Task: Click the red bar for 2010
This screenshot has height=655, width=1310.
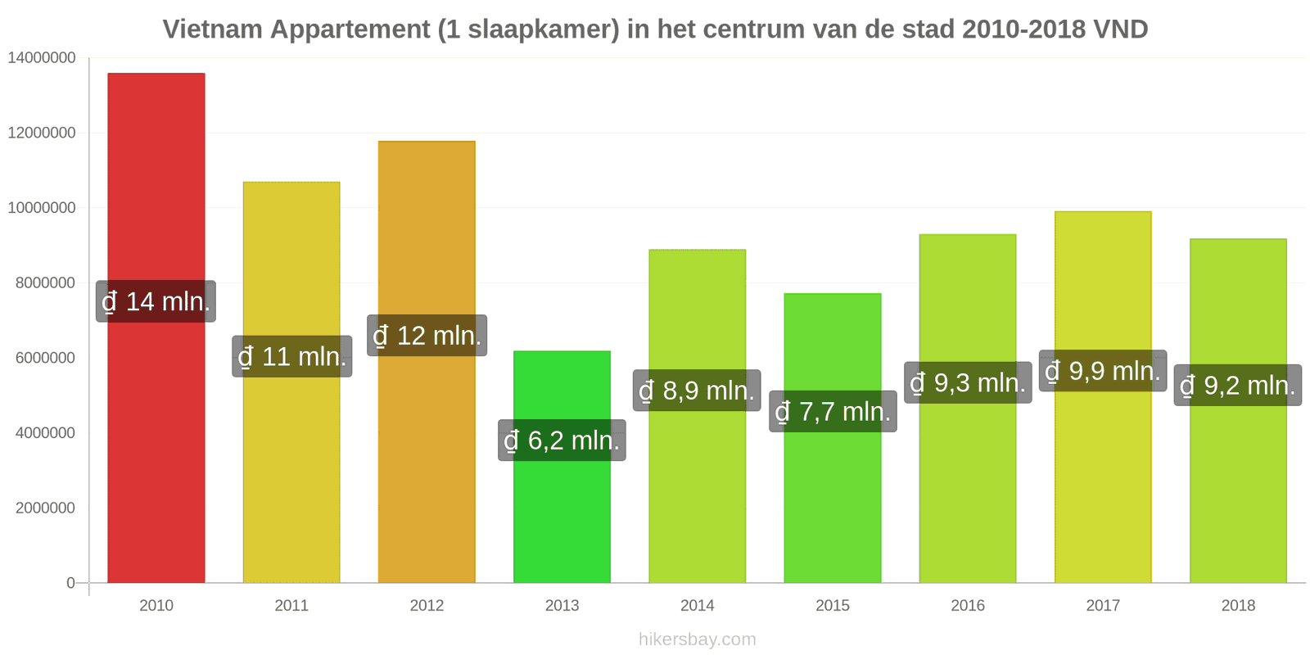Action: [x=156, y=327]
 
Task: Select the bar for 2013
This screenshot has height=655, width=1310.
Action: [x=562, y=467]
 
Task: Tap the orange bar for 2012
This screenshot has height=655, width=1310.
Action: [x=427, y=362]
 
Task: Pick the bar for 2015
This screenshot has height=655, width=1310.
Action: [x=833, y=438]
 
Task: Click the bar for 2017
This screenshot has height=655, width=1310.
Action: [x=1103, y=397]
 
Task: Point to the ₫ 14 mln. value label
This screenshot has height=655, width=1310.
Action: [x=156, y=301]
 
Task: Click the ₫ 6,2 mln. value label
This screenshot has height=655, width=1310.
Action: [x=562, y=440]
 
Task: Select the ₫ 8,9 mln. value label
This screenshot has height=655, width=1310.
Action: [x=697, y=390]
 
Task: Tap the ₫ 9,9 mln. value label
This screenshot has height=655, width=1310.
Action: [x=1103, y=370]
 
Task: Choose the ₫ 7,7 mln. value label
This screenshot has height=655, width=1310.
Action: [x=833, y=411]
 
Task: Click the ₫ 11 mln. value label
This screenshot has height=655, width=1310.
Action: [x=291, y=356]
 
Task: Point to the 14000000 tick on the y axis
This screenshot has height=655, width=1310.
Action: [x=42, y=58]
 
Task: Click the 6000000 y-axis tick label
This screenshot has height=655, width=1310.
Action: [x=46, y=358]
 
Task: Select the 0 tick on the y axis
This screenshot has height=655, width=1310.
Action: [x=70, y=583]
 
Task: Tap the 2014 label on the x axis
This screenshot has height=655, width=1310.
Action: [x=697, y=605]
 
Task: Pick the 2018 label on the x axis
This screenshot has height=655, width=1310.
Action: [x=1238, y=605]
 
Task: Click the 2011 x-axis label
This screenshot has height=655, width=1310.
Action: [x=291, y=605]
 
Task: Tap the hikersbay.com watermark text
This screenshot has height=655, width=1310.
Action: [x=697, y=639]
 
